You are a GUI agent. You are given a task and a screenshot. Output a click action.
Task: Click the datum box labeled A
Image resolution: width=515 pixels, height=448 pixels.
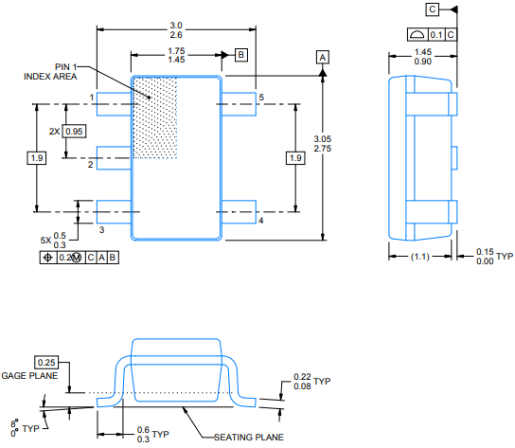click(323, 57)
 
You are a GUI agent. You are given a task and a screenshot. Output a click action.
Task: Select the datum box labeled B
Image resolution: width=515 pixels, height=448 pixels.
click(241, 55)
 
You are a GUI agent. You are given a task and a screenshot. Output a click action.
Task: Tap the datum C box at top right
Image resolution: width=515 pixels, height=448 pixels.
click(433, 9)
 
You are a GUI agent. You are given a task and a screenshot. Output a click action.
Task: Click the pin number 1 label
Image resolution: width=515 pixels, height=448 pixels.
click(92, 98)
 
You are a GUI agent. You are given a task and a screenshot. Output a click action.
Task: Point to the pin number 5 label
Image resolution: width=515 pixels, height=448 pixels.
click(261, 98)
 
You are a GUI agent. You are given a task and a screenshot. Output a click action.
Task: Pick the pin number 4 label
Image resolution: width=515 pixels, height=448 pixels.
click(260, 221)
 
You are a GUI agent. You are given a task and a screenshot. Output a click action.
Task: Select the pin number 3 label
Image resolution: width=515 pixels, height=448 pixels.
click(102, 230)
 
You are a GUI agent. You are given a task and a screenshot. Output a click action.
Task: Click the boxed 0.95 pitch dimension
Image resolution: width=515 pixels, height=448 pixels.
click(74, 131)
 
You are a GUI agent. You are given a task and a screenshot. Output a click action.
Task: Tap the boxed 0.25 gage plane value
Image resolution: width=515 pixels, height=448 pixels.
click(46, 362)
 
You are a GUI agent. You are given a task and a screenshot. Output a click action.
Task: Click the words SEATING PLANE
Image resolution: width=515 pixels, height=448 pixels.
click(249, 438)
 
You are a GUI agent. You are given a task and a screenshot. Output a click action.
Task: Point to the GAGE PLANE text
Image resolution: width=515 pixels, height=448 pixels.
click(29, 376)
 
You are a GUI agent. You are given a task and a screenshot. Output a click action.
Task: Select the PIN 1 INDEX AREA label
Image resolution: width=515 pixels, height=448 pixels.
click(50, 72)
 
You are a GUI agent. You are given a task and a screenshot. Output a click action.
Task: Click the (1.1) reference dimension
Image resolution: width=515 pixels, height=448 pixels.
click(420, 257)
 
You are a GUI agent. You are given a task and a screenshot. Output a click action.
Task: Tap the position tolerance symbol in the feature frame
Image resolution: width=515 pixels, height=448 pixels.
click(48, 258)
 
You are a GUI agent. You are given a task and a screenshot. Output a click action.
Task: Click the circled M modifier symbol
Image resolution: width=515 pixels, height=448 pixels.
click(76, 258)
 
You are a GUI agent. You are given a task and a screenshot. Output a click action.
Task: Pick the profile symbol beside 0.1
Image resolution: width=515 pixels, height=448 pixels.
click(417, 34)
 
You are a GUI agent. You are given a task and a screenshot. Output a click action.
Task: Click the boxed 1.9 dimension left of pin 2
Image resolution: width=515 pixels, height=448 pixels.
click(37, 158)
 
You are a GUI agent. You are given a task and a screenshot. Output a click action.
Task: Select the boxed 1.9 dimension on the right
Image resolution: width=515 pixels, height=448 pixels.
click(295, 158)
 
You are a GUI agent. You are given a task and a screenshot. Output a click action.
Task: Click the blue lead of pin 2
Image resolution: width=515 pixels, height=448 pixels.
click(114, 158)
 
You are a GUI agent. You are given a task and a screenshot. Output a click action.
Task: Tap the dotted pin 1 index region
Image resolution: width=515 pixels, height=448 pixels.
click(154, 117)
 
